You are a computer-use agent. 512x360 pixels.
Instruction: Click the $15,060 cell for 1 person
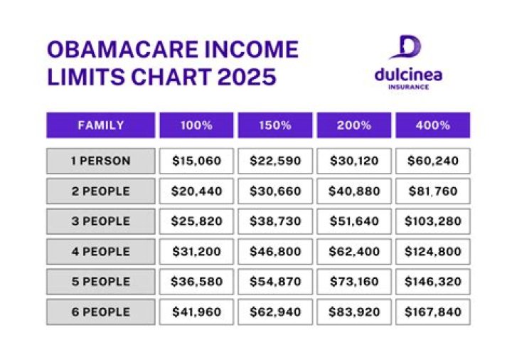pyautogui.click(x=196, y=161)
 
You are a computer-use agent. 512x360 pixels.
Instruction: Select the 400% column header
pyautogui.click(x=432, y=125)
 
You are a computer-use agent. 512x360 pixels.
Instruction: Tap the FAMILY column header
pyautogui.click(x=100, y=125)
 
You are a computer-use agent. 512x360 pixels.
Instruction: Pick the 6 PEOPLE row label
pyautogui.click(x=100, y=312)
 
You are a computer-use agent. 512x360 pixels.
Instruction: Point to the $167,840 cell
pyautogui.click(x=432, y=312)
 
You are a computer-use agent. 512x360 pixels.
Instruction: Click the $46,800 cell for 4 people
pyautogui.click(x=275, y=251)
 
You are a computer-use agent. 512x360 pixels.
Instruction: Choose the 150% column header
pyautogui.click(x=275, y=125)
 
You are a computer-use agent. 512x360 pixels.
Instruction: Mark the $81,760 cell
pyautogui.click(x=432, y=191)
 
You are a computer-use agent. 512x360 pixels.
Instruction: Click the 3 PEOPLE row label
pyautogui.click(x=100, y=221)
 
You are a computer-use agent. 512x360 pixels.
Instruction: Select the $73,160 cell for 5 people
pyautogui.click(x=353, y=282)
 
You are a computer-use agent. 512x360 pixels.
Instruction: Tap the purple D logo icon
pyautogui.click(x=408, y=47)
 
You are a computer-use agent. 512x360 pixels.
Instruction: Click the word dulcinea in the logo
pyautogui.click(x=407, y=74)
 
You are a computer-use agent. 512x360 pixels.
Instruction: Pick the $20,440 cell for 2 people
pyautogui.click(x=196, y=191)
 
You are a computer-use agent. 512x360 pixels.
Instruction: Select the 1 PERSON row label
pyautogui.click(x=100, y=161)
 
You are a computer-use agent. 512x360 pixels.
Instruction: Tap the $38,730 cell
pyautogui.click(x=275, y=221)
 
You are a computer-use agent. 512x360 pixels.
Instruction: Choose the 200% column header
pyautogui.click(x=353, y=125)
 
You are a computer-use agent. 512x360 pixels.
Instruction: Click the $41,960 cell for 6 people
pyautogui.click(x=196, y=312)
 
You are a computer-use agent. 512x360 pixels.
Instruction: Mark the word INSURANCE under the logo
pyautogui.click(x=408, y=87)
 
